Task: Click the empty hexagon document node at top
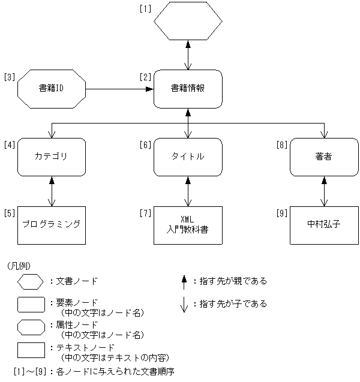click(x=188, y=22)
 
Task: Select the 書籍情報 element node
click(x=188, y=89)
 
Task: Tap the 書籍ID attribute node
click(x=52, y=89)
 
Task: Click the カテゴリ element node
click(x=52, y=157)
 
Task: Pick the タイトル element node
click(x=188, y=157)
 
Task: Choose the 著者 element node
click(x=324, y=157)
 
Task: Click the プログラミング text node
click(x=52, y=225)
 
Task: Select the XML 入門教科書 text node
click(x=188, y=225)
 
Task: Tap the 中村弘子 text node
click(x=324, y=225)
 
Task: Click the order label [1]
click(x=145, y=9)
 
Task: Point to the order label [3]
click(x=9, y=77)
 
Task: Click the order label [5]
click(x=9, y=212)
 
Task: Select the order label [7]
click(x=145, y=212)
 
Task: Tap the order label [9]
click(x=281, y=212)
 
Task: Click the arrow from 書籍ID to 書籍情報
click(x=119, y=89)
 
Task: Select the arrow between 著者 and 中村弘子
click(x=324, y=191)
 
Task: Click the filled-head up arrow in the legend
click(x=184, y=281)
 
